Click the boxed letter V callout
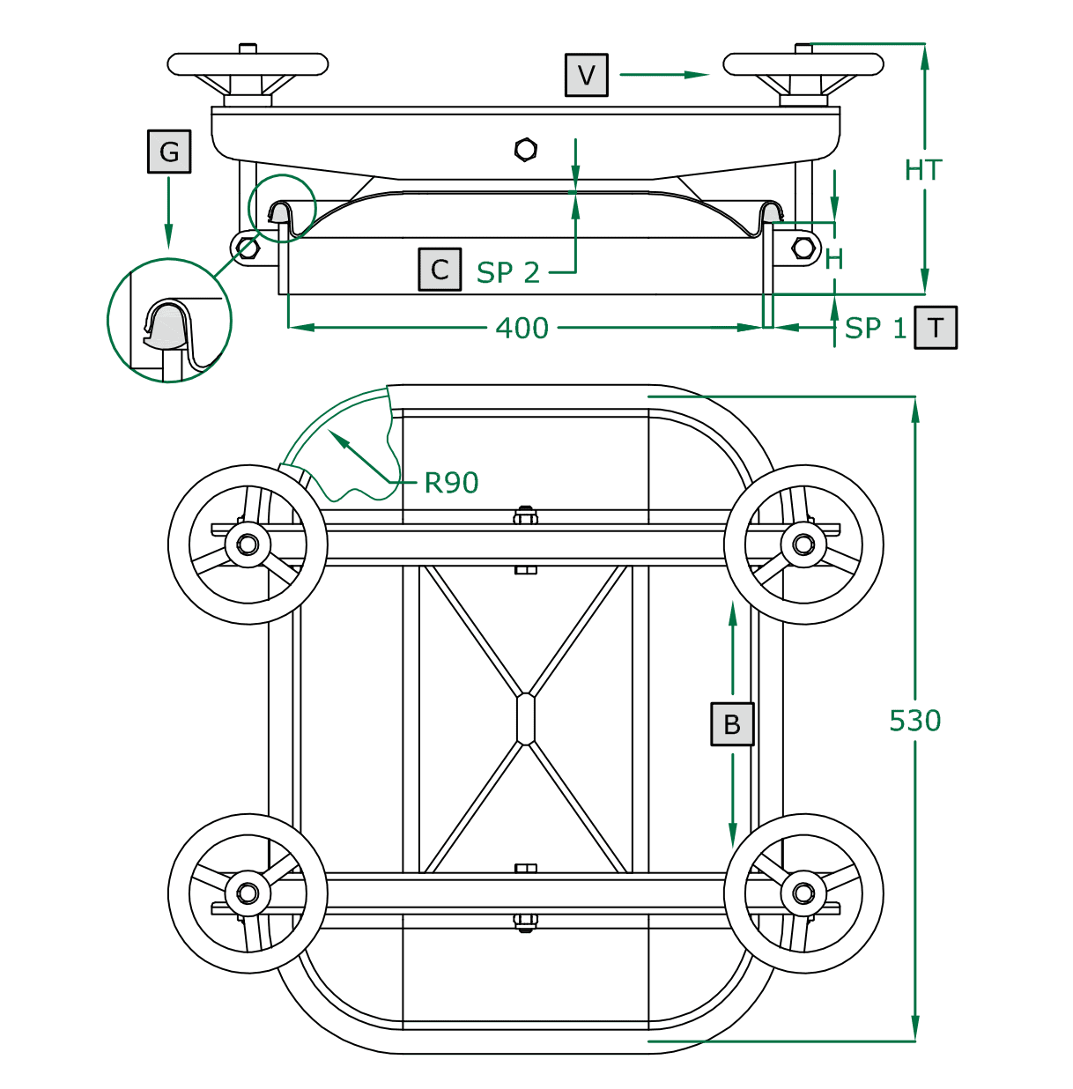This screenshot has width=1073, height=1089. (587, 75)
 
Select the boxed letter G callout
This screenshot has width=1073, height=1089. (169, 152)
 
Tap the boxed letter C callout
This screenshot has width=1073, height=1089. (440, 270)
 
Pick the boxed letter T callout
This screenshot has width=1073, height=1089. (936, 328)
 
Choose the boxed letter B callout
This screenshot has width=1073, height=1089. (732, 724)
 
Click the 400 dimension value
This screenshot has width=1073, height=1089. (522, 329)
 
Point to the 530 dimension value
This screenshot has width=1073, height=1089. (914, 721)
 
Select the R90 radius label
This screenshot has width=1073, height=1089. (451, 483)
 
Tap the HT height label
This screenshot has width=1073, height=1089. (923, 170)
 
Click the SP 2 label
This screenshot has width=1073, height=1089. (508, 273)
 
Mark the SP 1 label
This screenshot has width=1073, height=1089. (875, 329)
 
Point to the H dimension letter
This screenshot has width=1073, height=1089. (834, 259)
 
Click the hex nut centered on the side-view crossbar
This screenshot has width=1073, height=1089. (526, 150)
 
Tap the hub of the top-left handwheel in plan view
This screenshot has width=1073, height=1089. (248, 544)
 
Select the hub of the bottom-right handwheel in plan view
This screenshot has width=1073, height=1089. (803, 893)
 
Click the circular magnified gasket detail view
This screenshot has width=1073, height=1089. (169, 320)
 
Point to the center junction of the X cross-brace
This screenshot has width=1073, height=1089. (526, 719)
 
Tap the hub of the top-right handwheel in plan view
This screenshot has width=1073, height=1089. (803, 544)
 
